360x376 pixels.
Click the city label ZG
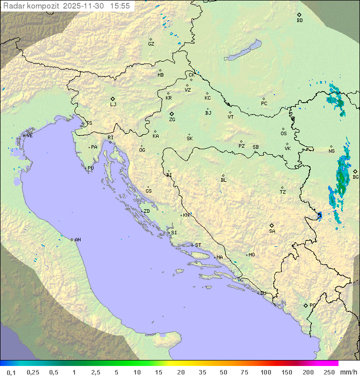click(x=172, y=120)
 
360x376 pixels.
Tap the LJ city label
click(x=113, y=105)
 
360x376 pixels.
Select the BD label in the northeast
click(x=299, y=21)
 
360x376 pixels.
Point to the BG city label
click(x=355, y=177)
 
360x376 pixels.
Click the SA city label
click(x=272, y=231)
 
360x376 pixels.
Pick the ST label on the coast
click(x=198, y=245)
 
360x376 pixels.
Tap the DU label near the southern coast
click(x=263, y=293)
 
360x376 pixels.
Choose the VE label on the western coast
click(x=29, y=136)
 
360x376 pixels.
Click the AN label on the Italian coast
click(x=77, y=240)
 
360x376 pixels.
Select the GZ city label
click(x=151, y=44)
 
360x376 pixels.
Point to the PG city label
click(x=312, y=305)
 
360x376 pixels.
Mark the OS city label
click(x=283, y=134)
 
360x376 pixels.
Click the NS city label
click(x=331, y=151)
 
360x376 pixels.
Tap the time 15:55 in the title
click(x=120, y=6)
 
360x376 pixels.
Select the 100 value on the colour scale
click(x=266, y=372)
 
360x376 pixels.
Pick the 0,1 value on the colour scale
click(x=11, y=372)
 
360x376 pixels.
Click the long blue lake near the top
click(x=243, y=51)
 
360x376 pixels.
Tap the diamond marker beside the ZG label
click(x=171, y=114)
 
